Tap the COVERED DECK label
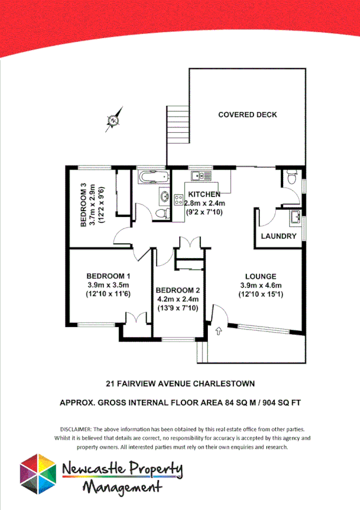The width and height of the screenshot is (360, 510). pyautogui.click(x=248, y=115)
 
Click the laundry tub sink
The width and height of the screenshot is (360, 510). pyautogui.click(x=294, y=216)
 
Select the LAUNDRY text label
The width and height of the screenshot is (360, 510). pyautogui.click(x=278, y=236)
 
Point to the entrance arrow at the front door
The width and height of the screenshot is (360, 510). pyautogui.click(x=218, y=329)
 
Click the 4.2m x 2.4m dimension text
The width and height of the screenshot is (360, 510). pyautogui.click(x=178, y=298)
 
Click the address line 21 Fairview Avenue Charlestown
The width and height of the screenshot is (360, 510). pyautogui.click(x=180, y=383)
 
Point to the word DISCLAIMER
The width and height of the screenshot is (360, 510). pyautogui.click(x=75, y=429)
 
